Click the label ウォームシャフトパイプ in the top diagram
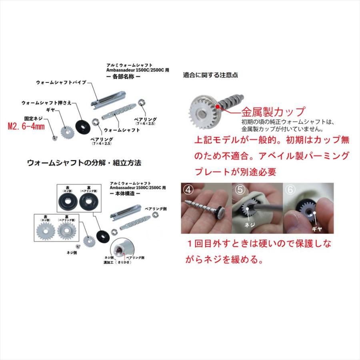(60, 82)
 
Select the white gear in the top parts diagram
(66, 131)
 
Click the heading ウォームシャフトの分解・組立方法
(84, 163)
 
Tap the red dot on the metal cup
(218, 106)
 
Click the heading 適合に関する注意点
(210, 75)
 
